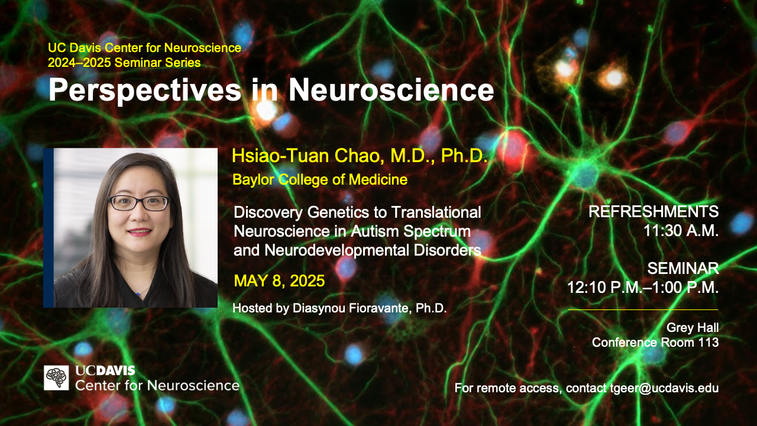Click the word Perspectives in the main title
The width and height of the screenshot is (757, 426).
tap(145, 91)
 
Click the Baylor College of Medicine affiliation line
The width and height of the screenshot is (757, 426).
tap(320, 179)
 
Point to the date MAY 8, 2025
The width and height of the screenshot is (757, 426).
tap(280, 281)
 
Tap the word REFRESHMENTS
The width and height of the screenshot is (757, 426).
tap(654, 212)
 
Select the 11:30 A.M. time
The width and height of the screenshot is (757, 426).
tap(681, 231)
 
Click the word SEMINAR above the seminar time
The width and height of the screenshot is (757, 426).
tap(683, 269)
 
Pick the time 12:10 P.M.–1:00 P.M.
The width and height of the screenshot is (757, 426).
tap(643, 288)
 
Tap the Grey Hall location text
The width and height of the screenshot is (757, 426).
tap(693, 328)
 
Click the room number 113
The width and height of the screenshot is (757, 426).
tap(709, 343)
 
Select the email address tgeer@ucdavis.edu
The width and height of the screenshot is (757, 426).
tap(664, 388)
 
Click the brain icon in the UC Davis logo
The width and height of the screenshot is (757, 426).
tap(56, 377)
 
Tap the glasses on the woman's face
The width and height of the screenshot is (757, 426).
tap(139, 203)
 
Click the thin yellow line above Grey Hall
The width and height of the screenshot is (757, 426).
tap(643, 309)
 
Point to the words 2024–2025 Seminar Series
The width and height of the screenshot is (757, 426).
tap(124, 63)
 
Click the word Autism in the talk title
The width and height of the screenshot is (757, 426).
tap(375, 231)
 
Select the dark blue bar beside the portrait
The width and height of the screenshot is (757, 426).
tap(48, 228)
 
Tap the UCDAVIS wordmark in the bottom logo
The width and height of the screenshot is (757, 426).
tap(105, 371)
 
